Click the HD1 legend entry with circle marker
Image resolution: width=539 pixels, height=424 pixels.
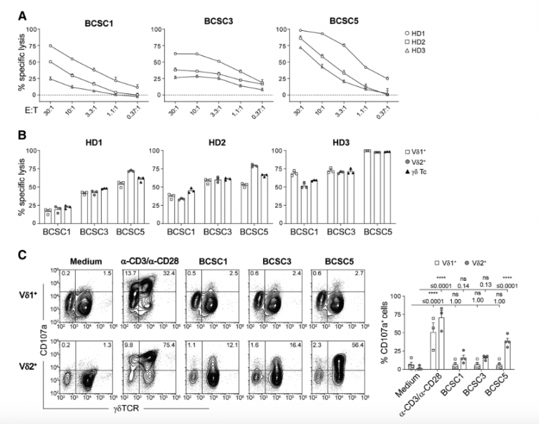(x=500, y=33)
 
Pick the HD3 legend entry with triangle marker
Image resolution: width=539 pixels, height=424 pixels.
(x=500, y=52)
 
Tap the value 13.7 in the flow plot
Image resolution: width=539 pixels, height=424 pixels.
(x=129, y=274)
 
